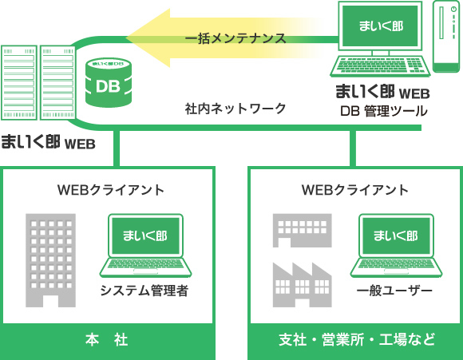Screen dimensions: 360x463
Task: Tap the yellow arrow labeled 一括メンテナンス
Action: tap(231, 37)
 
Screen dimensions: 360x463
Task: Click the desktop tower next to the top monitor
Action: tap(446, 37)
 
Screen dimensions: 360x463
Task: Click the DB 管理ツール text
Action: tap(383, 111)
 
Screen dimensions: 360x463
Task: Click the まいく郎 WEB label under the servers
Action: tap(48, 144)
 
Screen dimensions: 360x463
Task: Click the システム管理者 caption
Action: tap(144, 291)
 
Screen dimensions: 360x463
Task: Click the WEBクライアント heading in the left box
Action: tap(111, 190)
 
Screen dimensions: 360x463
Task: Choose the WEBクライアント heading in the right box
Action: tap(355, 190)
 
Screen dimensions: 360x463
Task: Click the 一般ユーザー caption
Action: tap(394, 291)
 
